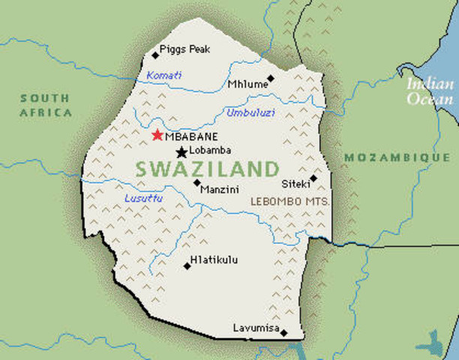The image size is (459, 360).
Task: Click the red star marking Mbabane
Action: coord(157,135)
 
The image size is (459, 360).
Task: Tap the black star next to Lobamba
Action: coord(181,152)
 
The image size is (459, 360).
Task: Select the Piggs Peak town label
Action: coord(185,49)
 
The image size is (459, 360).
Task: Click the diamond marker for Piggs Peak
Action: coord(155,55)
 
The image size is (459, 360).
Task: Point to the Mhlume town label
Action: coord(247,84)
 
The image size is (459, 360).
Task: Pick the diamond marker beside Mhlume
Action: coord(271,78)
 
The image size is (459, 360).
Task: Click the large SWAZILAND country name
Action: coord(207,168)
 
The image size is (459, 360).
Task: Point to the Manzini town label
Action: coord(220,190)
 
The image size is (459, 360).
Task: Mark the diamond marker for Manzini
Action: coord(196,182)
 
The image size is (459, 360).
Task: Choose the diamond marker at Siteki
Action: coord(313,178)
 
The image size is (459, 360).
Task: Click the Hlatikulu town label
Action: coord(214,260)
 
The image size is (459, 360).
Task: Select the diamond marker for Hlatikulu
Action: coord(187,265)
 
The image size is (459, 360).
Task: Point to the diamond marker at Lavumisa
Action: coord(283,332)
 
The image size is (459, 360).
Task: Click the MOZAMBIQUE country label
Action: coord(397,158)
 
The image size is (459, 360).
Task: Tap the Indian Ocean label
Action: coord(430,91)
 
